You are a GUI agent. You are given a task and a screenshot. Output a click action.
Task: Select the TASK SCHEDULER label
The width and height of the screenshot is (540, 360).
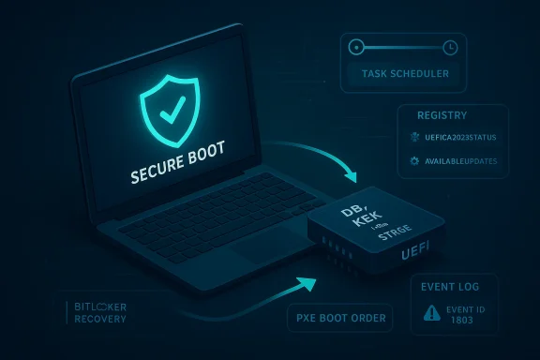pyautogui.click(x=403, y=73)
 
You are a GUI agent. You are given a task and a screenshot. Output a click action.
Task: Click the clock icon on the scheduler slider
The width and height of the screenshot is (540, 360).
pyautogui.click(x=450, y=46)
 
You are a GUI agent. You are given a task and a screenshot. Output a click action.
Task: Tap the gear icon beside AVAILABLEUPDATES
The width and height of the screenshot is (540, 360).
pyautogui.click(x=416, y=161)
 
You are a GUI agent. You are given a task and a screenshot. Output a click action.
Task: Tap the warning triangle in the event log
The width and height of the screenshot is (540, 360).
pyautogui.click(x=432, y=314)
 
